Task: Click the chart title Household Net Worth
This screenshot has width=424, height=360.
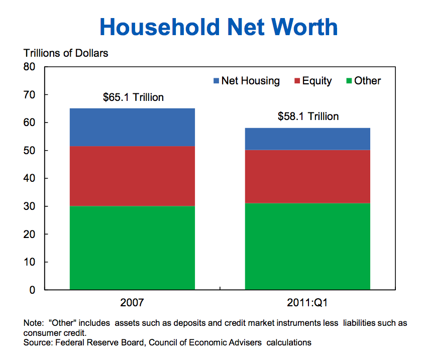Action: click(x=219, y=27)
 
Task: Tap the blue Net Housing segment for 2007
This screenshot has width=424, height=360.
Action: click(x=132, y=127)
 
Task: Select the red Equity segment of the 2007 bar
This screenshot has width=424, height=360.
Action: click(x=132, y=176)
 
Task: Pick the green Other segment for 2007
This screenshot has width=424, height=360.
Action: click(x=132, y=248)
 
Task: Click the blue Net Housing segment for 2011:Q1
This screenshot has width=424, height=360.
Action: click(x=307, y=139)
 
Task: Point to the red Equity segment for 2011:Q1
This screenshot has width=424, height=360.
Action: click(x=307, y=176)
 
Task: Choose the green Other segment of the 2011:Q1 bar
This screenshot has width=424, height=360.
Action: click(x=307, y=246)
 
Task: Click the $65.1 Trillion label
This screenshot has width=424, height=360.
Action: click(x=133, y=97)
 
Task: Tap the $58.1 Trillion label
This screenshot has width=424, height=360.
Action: click(x=308, y=116)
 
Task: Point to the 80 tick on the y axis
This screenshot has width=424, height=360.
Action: click(x=31, y=67)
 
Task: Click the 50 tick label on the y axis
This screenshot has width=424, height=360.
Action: click(x=31, y=151)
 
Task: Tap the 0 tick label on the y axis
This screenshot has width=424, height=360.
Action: click(x=34, y=290)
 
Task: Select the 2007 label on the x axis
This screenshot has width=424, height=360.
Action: click(x=132, y=303)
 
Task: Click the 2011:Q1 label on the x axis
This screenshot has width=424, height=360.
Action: click(x=307, y=303)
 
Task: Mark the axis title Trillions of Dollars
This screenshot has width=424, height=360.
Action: click(x=66, y=53)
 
